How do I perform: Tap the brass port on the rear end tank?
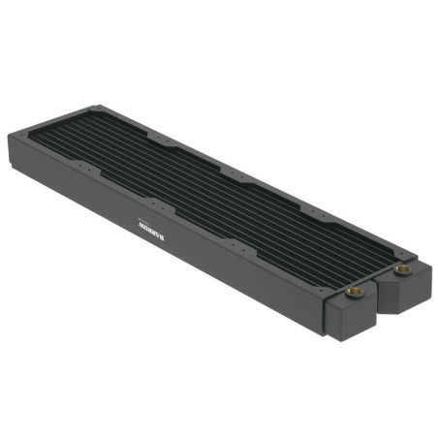(x=400, y=267)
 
